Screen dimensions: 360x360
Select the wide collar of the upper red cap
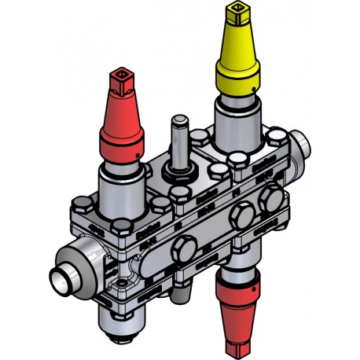(x=122, y=141)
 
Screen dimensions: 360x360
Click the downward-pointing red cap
(x=236, y=310)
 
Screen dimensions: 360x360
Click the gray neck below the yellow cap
(x=236, y=118)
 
